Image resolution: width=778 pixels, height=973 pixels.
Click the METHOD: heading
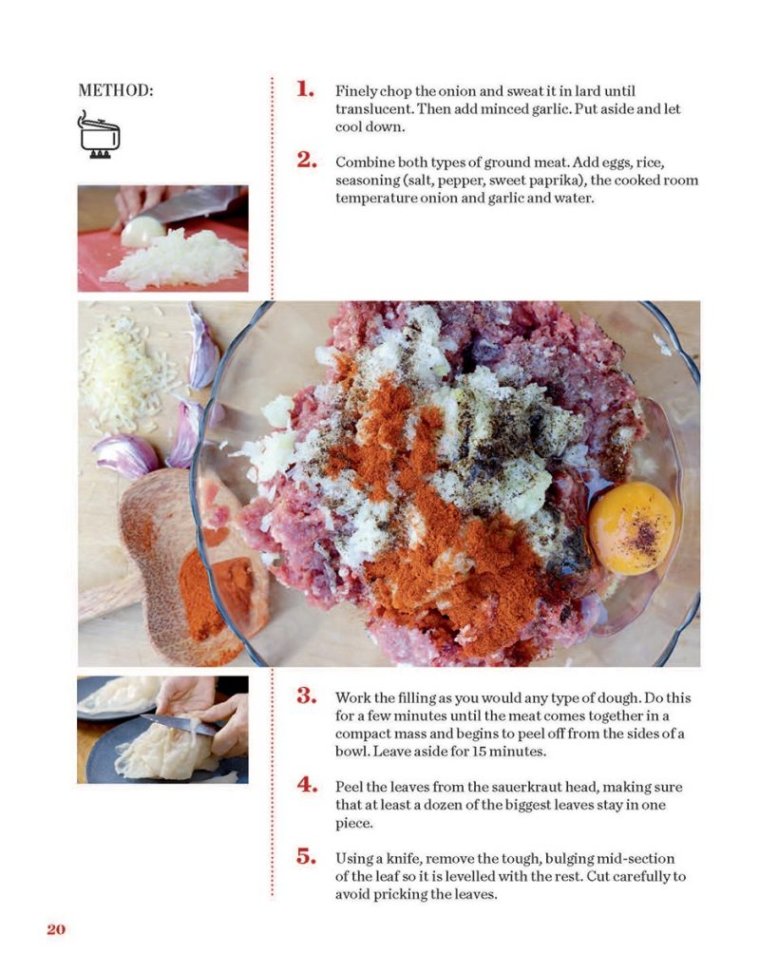pyautogui.click(x=115, y=90)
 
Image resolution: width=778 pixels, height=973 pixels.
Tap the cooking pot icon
pyautogui.click(x=99, y=135)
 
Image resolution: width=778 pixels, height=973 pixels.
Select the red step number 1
pyautogui.click(x=305, y=88)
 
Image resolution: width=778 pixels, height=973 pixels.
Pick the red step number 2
pyautogui.click(x=307, y=160)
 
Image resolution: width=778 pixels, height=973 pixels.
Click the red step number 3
pyautogui.click(x=307, y=696)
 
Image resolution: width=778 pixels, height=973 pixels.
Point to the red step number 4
pyautogui.click(x=307, y=784)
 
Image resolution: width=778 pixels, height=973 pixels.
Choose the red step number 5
pyautogui.click(x=307, y=856)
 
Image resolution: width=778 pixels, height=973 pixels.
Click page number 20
pyautogui.click(x=56, y=929)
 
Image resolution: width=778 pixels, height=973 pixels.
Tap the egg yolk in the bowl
pyautogui.click(x=632, y=528)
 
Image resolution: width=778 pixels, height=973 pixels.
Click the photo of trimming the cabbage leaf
pyautogui.click(x=162, y=730)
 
